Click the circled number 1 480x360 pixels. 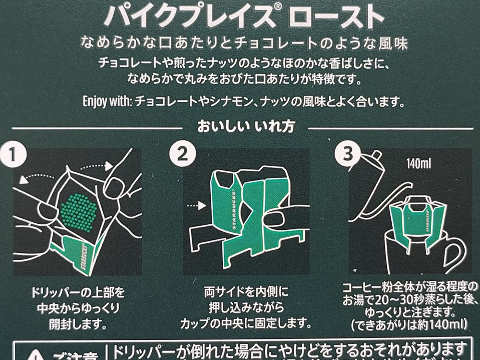[14, 155]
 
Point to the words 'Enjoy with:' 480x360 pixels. [108, 102]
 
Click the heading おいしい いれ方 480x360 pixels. [245, 127]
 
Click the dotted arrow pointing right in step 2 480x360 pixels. [196, 205]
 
